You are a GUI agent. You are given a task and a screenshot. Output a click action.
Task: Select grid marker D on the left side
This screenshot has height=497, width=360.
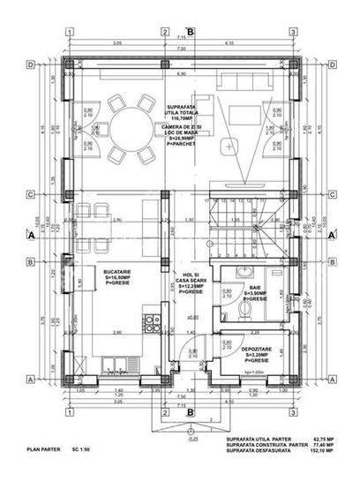tap(32, 64)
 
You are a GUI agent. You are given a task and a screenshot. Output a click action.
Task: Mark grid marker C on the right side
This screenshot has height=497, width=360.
tap(330, 194)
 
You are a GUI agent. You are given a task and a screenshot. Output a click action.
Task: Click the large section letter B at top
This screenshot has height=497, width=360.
tap(191, 33)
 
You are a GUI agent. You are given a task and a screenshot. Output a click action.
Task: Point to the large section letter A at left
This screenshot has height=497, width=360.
tap(32, 237)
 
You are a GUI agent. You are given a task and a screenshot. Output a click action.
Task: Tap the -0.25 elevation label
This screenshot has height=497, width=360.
tap(191, 438)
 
